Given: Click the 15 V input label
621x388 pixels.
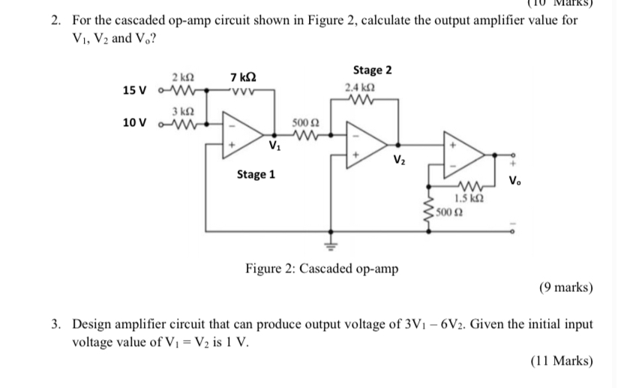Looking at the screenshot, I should [x=135, y=91].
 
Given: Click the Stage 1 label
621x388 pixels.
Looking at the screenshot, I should [x=256, y=175].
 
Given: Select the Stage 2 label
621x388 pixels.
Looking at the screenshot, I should [x=373, y=71].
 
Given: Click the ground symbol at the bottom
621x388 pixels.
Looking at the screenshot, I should [x=328, y=245].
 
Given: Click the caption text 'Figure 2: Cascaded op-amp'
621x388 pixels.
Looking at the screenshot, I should [x=322, y=268].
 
